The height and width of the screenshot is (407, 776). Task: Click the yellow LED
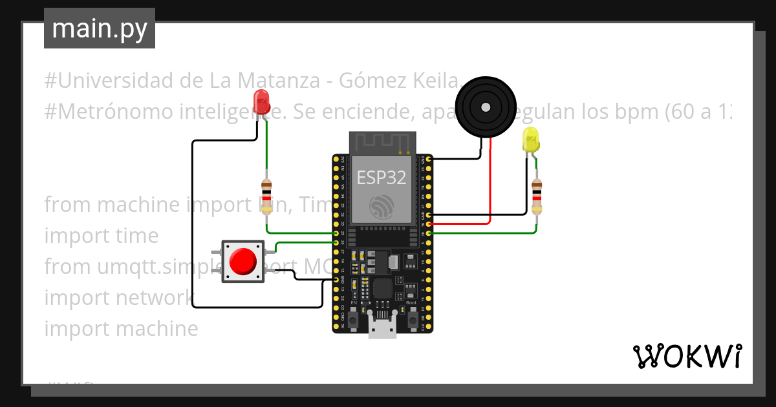530,140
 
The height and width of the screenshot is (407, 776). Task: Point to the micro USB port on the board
382,327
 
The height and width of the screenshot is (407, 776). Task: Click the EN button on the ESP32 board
354,317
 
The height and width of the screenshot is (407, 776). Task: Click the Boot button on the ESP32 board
411,317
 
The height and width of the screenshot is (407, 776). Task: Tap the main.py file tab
100,28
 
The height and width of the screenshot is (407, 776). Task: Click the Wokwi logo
687,357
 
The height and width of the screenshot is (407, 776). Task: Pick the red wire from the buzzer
490,187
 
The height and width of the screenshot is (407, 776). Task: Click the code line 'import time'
102,236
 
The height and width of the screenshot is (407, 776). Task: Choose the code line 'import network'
118,298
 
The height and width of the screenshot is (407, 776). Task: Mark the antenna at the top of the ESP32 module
382,142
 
